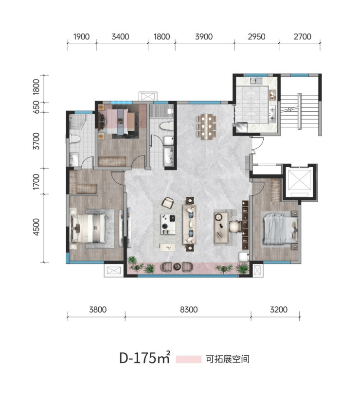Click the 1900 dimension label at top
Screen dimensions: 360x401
coord(81,37)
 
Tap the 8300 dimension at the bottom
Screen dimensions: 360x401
coord(189,310)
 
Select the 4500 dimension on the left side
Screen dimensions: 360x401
coord(36,227)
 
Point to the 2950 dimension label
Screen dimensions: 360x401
coord(256,37)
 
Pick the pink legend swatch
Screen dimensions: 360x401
coord(188,359)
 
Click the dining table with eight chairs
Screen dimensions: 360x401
coord(206,126)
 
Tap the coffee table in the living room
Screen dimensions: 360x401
coord(168,224)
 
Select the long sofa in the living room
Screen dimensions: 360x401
coord(189,224)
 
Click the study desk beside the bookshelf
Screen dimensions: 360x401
coord(221,227)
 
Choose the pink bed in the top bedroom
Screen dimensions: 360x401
coord(118,122)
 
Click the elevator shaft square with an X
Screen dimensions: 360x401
coord(299,179)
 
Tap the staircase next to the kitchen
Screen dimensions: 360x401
coord(300,112)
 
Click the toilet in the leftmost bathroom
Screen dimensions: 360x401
coord(75,139)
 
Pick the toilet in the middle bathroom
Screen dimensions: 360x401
coord(165,126)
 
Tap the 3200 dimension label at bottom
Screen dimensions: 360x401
coord(279,310)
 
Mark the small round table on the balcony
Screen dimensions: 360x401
coord(177,267)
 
